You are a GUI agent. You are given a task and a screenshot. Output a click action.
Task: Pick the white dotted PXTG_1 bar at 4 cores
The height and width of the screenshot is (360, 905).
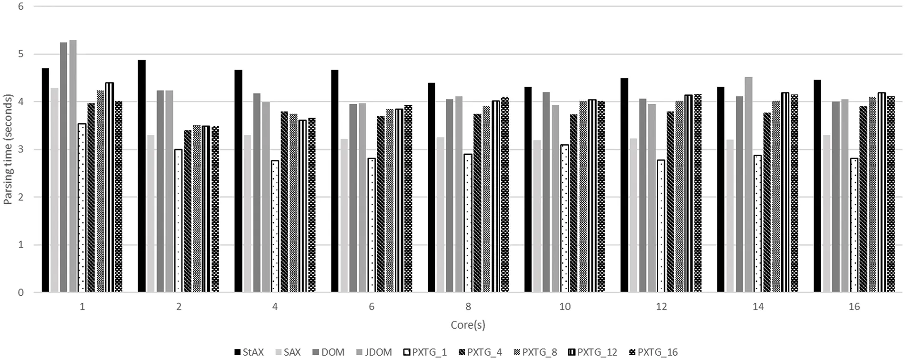(275, 226)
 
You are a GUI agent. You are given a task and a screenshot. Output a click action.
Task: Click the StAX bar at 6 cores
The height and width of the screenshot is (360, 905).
(335, 181)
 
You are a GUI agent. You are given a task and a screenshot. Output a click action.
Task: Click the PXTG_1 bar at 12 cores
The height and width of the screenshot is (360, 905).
(661, 226)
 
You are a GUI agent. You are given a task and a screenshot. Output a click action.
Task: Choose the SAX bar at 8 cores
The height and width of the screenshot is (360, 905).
(440, 214)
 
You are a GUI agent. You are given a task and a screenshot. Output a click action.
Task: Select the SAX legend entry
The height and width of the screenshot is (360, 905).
(288, 352)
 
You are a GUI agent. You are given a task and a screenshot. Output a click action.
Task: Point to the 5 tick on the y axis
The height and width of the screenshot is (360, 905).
(20, 54)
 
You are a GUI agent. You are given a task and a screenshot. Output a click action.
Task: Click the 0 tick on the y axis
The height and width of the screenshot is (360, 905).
(20, 292)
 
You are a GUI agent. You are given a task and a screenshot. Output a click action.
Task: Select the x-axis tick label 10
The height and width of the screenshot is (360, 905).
(564, 307)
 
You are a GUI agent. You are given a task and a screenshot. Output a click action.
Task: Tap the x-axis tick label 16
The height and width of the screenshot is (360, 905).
(854, 307)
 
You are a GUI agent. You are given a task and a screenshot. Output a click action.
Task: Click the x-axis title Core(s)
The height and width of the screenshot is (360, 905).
(468, 325)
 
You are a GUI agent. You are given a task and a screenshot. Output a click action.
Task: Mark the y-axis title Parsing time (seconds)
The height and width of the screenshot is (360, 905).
(8, 150)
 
